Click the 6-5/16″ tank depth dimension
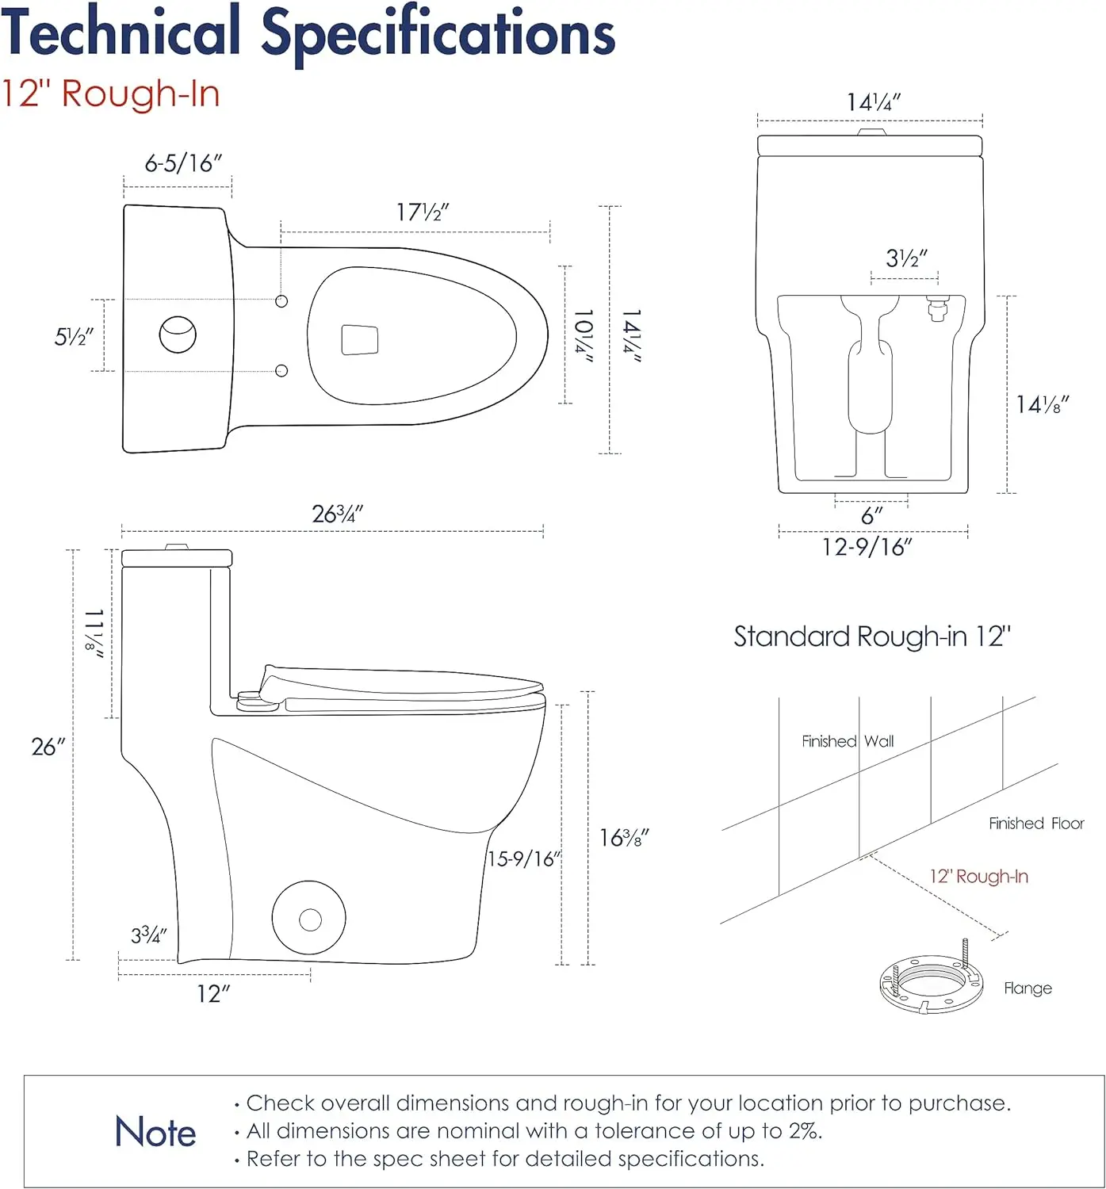tap(183, 163)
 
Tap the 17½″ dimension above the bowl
tap(423, 212)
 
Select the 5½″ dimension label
tap(74, 337)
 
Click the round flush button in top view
tap(178, 335)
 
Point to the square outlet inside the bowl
tap(359, 339)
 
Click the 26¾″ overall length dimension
tap(338, 514)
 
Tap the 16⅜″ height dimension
tap(624, 838)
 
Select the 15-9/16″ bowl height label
tap(524, 859)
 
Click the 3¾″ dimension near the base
tap(149, 935)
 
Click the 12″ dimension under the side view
tap(213, 994)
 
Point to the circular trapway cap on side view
tap(309, 919)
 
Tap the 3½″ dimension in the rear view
tap(906, 258)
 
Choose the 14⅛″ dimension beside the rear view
tap(1043, 405)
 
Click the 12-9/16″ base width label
tap(867, 547)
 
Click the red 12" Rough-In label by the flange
tap(979, 877)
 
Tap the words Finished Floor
tap(1036, 824)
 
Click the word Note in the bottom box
tap(155, 1132)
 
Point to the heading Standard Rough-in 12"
tap(872, 637)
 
